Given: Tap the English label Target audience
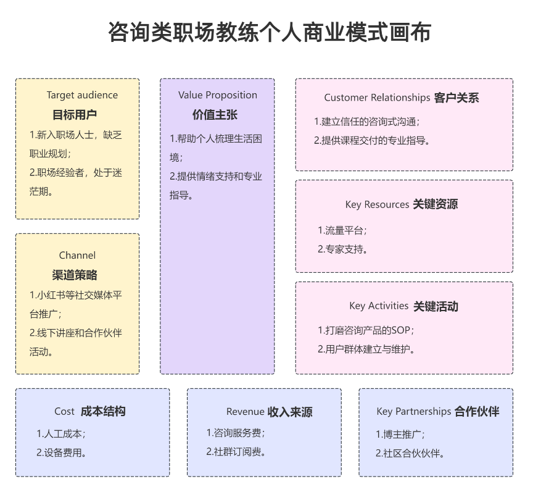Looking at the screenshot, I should point(82,95).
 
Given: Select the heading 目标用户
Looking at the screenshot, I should point(75,115).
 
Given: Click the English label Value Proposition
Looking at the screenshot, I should point(218,95).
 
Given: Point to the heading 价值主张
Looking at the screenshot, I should point(215,115).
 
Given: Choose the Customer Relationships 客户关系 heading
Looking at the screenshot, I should point(402,98).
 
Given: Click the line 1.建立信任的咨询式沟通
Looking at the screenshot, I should point(366,122).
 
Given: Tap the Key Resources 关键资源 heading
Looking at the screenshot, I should point(402,204).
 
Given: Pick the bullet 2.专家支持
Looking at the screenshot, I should point(343,249).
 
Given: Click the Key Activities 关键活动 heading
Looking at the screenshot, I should point(403,306).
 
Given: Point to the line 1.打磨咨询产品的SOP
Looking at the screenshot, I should point(366,330).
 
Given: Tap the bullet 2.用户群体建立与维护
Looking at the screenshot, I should point(366,349).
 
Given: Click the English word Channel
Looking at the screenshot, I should point(78,256).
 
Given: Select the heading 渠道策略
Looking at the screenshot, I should point(75,275).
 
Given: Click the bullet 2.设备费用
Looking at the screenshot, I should point(61,452).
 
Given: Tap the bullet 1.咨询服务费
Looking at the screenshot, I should point(235,433).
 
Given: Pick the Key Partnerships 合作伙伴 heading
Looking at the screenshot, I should point(438,411).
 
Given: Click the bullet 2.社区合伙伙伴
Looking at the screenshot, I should point(410,453).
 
